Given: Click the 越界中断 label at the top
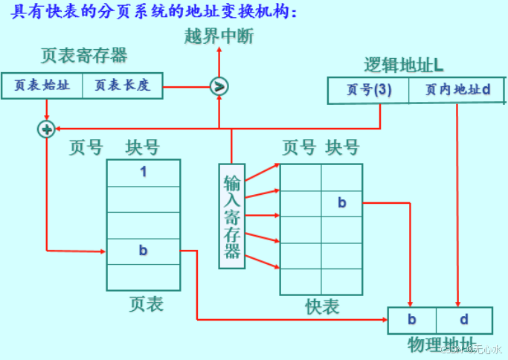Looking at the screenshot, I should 219,35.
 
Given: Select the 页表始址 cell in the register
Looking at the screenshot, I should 42,85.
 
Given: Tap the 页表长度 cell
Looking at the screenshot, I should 122,85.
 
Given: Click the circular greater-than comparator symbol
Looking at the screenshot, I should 219,86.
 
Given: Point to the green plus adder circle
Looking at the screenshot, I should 46,129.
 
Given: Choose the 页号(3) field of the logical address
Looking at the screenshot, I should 369,90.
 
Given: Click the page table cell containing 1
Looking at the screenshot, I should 144,173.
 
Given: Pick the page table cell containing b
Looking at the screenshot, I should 144,251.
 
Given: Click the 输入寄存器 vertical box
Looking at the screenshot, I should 232,215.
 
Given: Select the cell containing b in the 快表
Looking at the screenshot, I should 341,202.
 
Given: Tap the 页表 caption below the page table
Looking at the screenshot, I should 145,303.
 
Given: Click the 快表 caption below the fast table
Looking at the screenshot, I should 321,306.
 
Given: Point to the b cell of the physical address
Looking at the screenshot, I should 411,321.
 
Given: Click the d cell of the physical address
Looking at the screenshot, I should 463,321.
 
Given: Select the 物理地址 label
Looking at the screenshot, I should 440,345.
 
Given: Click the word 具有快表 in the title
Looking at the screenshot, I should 44,12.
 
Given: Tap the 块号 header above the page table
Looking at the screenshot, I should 142,147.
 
